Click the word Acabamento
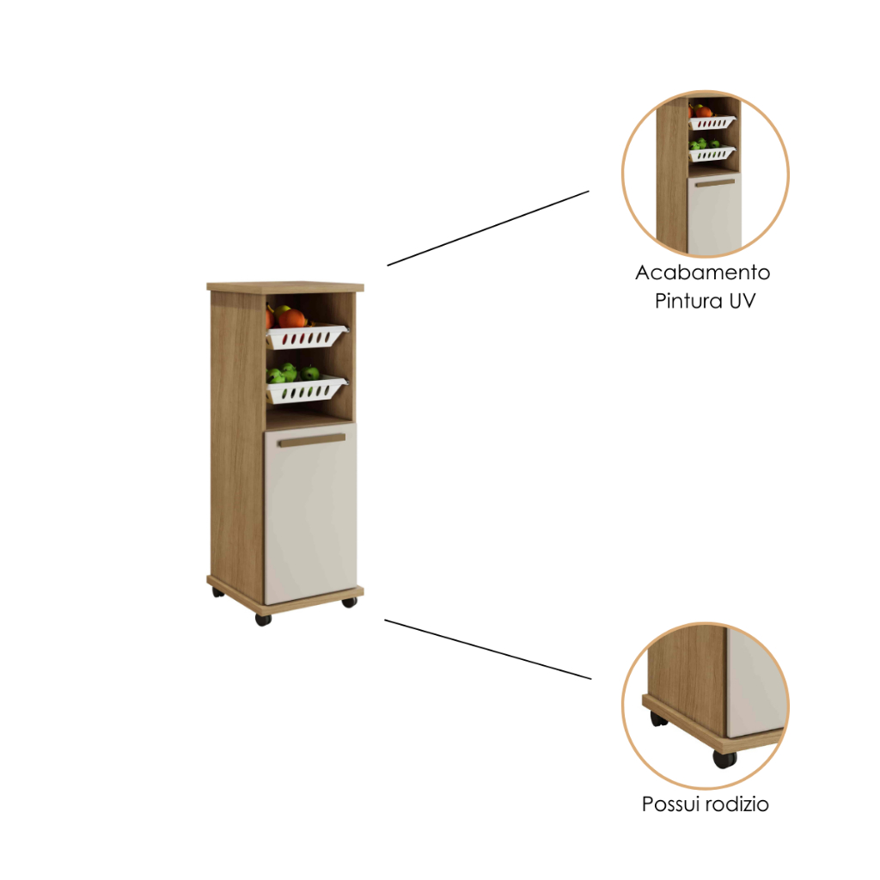click(x=703, y=272)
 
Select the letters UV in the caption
click(x=742, y=301)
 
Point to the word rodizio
click(x=736, y=804)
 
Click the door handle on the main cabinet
click(x=312, y=440)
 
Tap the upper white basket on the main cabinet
click(x=306, y=336)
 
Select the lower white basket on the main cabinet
click(x=306, y=390)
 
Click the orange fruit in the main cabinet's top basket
click(x=292, y=318)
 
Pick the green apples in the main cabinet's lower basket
click(x=292, y=373)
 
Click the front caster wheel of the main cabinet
click(x=263, y=619)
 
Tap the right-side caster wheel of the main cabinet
click(x=349, y=602)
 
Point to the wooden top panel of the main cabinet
click(x=285, y=287)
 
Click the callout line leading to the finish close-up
click(x=488, y=228)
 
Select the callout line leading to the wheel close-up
click(x=488, y=650)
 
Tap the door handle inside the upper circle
click(x=715, y=183)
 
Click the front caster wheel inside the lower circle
click(x=724, y=759)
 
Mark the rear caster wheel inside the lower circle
click(x=659, y=718)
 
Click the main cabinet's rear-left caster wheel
click(x=217, y=592)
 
